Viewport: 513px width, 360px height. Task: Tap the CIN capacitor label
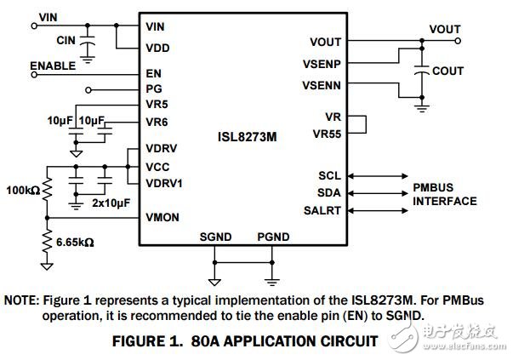tap(67, 40)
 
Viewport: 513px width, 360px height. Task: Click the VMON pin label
tap(162, 218)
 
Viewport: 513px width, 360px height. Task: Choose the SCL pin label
tap(328, 176)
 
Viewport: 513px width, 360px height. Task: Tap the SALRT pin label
tap(323, 210)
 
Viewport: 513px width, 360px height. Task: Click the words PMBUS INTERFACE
tap(444, 195)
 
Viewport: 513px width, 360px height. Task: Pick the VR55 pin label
tap(327, 134)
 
